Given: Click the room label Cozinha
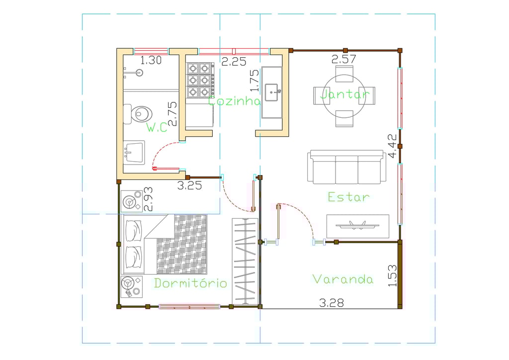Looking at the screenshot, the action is (x=234, y=101).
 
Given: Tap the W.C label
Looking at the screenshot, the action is (x=157, y=127).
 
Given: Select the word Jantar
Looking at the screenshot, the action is (x=345, y=94).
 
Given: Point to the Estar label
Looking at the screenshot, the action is (x=348, y=197).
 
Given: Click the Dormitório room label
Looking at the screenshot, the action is (x=190, y=283).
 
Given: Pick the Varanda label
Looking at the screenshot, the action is (x=343, y=279).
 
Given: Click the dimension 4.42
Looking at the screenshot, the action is (x=393, y=146).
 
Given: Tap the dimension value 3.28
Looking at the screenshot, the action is (x=332, y=303).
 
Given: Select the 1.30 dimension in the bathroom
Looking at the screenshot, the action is (x=151, y=60).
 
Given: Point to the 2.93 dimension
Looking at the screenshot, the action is (x=148, y=199).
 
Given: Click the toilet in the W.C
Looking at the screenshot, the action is (x=138, y=114).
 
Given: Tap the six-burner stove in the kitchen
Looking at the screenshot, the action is (x=200, y=80).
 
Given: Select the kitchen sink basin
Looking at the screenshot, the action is (x=272, y=92).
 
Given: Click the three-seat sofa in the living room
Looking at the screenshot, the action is (x=346, y=167).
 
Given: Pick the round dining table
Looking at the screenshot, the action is (x=344, y=96).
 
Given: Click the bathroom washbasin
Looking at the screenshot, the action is (x=134, y=152).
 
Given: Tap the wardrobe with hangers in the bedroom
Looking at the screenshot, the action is (x=245, y=262).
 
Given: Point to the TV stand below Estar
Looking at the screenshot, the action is (x=358, y=226).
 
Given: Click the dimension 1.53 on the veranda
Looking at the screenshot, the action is (x=393, y=275).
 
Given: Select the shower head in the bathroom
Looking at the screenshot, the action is (x=140, y=73).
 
